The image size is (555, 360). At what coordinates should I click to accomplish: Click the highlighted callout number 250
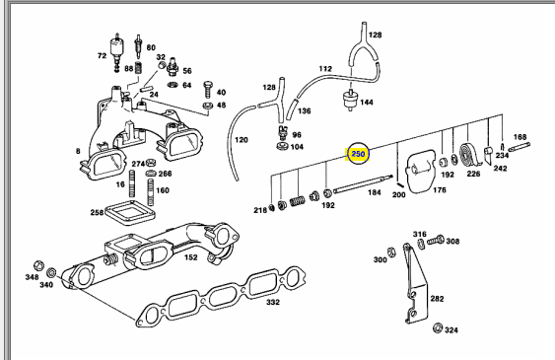coord(358,154)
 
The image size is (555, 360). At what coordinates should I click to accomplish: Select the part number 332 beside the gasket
coord(273,302)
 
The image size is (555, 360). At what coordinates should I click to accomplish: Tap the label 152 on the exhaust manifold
coord(191,257)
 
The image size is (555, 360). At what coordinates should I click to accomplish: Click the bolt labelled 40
coord(208,90)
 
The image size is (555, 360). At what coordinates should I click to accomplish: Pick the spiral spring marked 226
coord(469,155)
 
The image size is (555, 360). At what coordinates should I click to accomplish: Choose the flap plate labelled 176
coord(421,171)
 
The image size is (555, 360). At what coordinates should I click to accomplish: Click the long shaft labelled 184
coord(363,184)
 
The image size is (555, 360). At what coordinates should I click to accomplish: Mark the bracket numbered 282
coord(415,283)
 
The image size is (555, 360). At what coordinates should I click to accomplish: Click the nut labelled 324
coord(438,327)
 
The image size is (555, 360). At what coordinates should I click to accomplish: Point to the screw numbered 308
coord(436,241)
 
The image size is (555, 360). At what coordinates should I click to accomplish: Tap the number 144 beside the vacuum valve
coord(367,103)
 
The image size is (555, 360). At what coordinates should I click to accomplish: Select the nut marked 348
coord(38,266)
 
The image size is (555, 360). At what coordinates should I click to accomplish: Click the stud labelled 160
coord(151,192)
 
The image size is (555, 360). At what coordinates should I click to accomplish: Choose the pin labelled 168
coord(519,147)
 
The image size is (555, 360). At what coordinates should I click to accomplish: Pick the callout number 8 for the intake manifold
coord(78,151)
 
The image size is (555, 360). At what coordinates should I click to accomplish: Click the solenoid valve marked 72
coord(115,53)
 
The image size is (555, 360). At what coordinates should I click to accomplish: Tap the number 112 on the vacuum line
coord(325,69)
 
